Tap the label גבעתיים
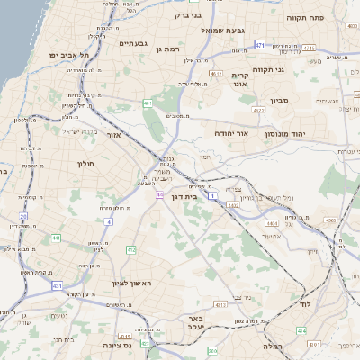point(132,42)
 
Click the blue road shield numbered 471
point(259,45)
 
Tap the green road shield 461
point(147,104)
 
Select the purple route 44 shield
point(159,194)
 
